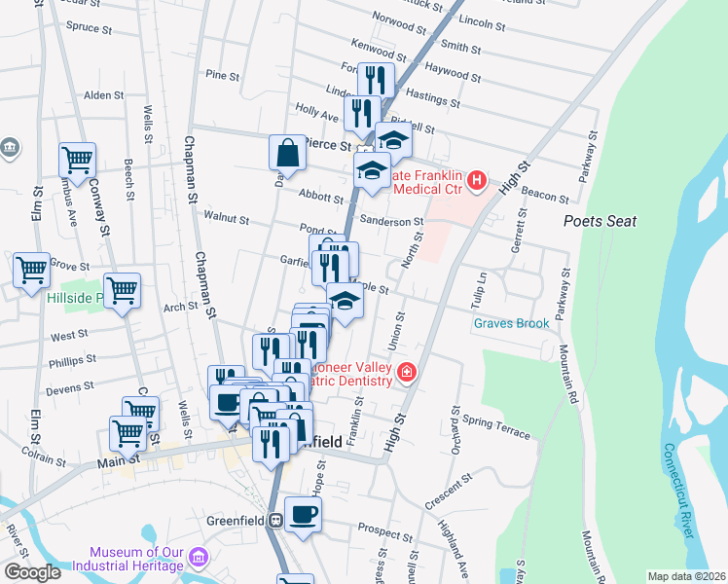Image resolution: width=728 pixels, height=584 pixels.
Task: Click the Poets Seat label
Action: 601,221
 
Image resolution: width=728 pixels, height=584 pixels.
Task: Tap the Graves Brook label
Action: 512,323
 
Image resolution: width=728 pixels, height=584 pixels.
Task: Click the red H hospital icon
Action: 476,180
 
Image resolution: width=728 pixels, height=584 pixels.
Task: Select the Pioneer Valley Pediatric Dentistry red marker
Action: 405,371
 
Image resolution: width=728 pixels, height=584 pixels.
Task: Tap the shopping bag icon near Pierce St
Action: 288,153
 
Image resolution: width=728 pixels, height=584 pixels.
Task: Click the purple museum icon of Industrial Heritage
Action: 199,558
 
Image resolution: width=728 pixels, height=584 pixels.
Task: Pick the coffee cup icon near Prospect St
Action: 303,514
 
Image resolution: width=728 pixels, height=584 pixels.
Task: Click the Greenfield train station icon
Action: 276,519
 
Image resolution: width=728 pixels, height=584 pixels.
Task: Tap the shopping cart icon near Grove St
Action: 31,269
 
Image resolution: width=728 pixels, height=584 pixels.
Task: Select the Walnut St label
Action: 226,220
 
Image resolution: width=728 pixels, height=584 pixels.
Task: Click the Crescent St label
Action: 448,492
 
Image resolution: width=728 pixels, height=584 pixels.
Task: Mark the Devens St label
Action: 71,386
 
